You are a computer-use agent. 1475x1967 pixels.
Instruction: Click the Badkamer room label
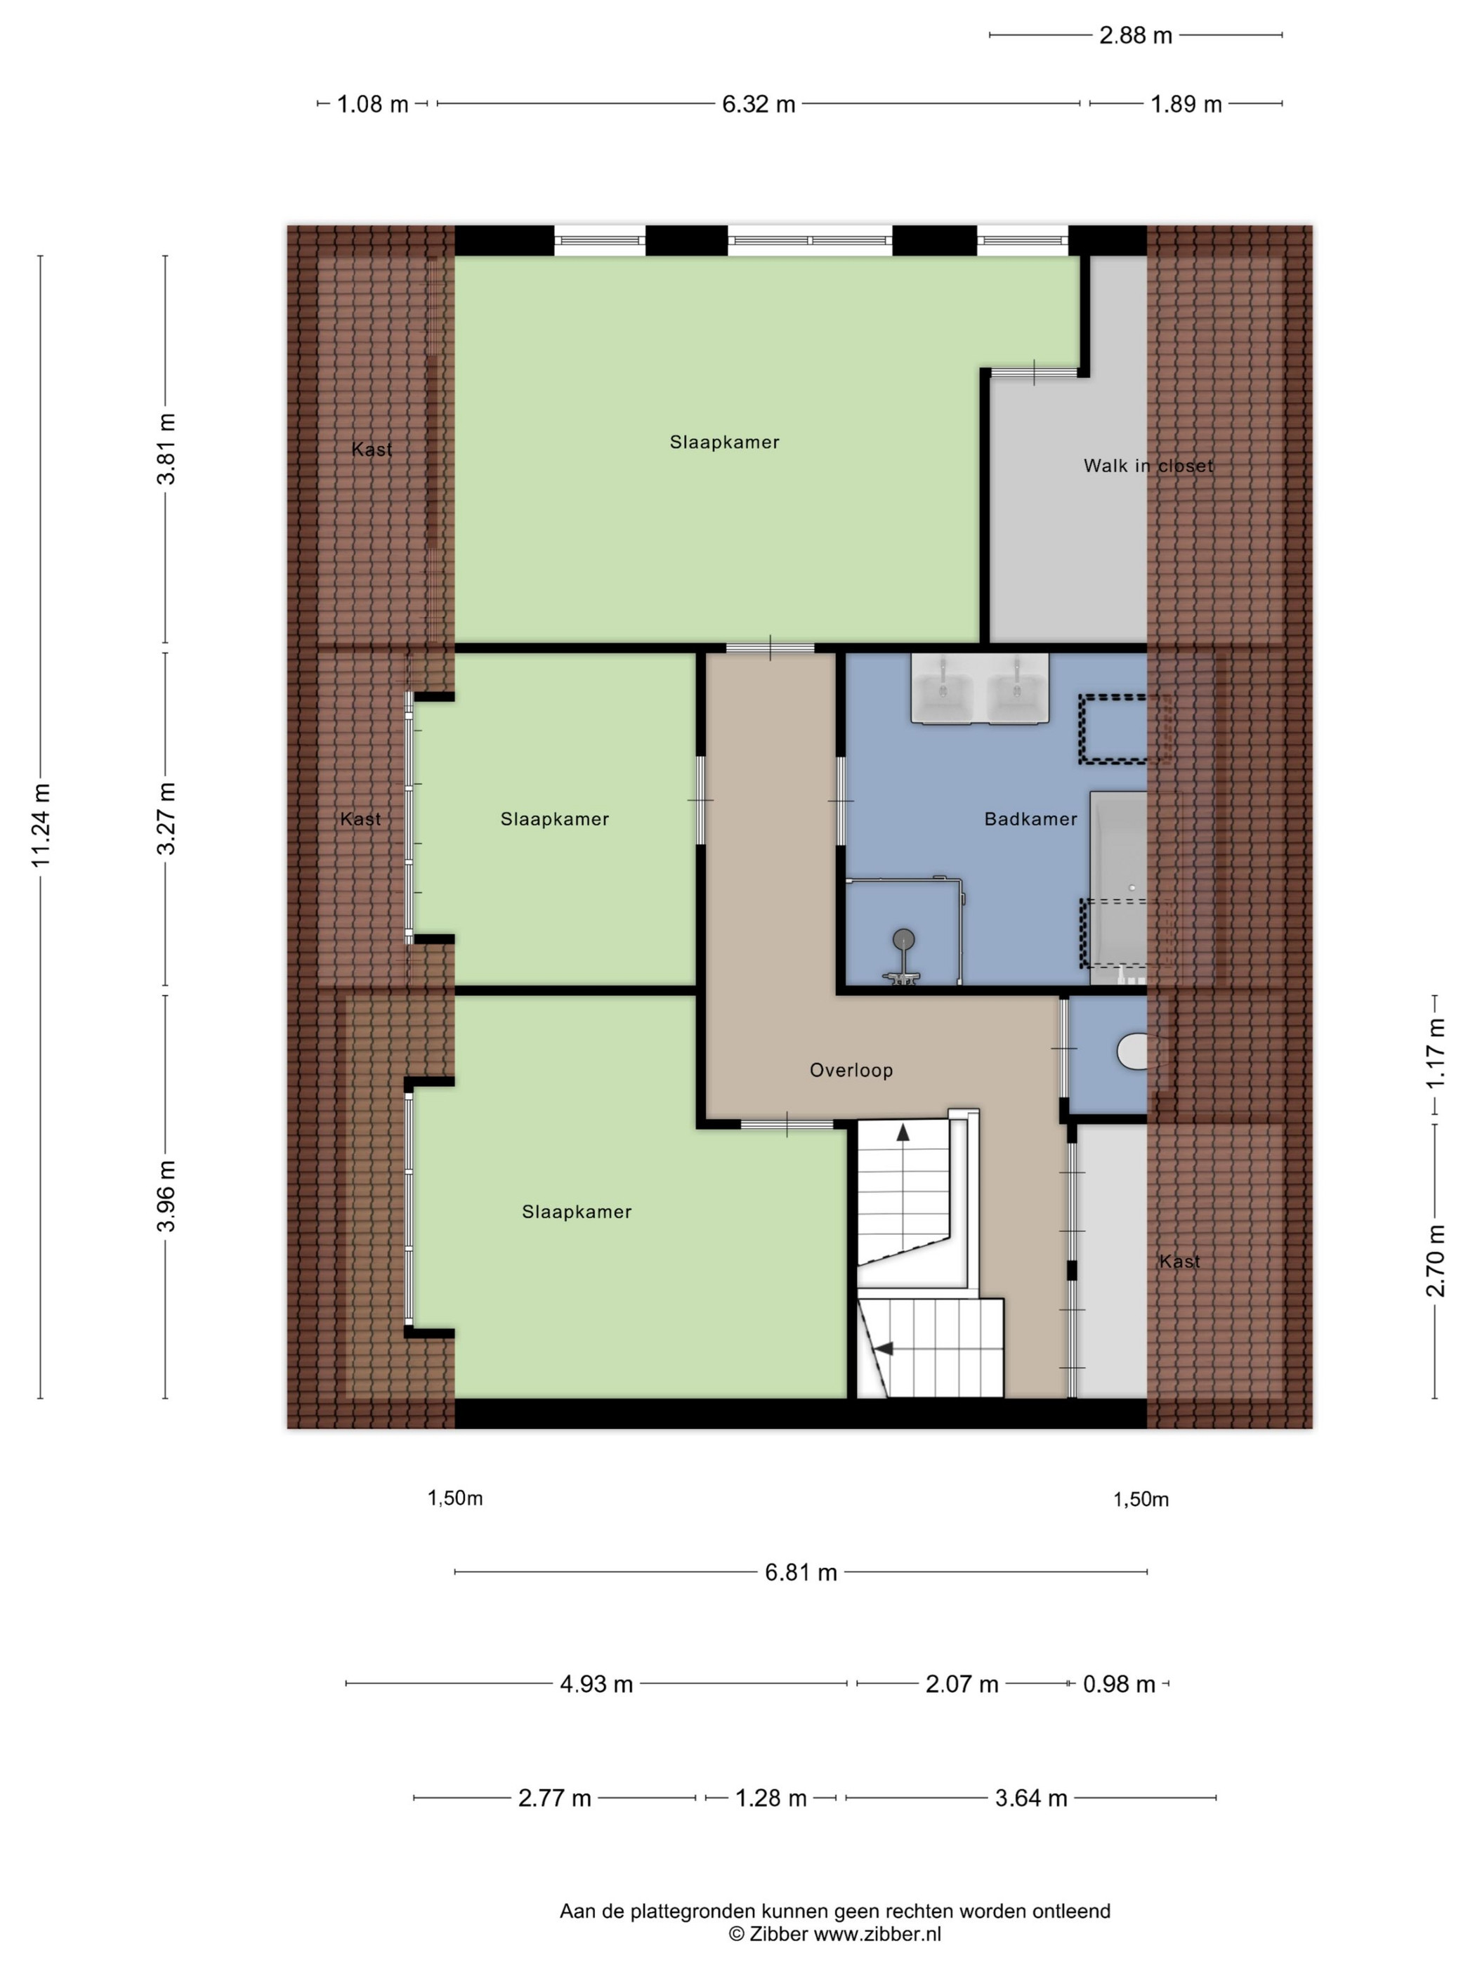pos(1030,819)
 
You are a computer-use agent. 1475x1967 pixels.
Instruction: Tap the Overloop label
pos(851,1071)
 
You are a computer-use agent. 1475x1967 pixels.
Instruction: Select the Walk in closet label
pos(1148,466)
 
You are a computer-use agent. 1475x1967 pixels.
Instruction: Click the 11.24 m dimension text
pos(41,825)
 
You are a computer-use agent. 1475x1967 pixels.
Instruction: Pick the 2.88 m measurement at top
pos(1135,36)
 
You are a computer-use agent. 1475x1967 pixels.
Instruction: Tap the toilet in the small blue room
pos(1132,1051)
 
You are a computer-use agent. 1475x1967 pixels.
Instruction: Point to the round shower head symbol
pos(903,937)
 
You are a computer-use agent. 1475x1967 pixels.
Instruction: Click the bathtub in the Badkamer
pos(1118,887)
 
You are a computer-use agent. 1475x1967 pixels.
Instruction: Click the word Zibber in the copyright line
pos(779,1934)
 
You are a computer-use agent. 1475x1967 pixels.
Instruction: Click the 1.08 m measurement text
pos(372,105)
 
